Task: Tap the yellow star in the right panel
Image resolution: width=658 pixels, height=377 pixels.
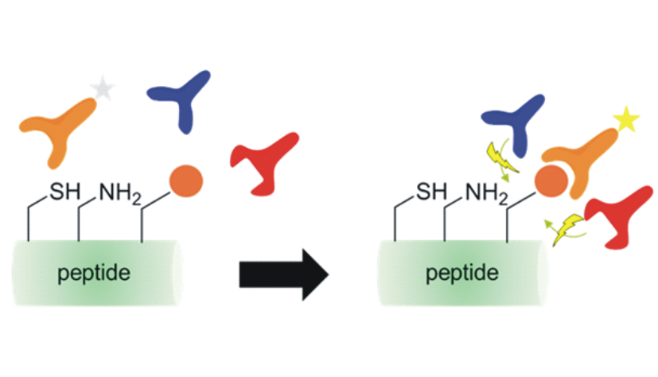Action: (625, 121)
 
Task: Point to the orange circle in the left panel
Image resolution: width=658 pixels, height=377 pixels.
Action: (186, 179)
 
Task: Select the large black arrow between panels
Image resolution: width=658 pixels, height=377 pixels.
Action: (283, 276)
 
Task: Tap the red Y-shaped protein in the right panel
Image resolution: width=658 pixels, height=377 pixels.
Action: (621, 219)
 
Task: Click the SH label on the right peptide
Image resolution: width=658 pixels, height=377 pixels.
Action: (431, 192)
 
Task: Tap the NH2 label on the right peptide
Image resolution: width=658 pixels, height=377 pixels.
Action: (485, 192)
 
